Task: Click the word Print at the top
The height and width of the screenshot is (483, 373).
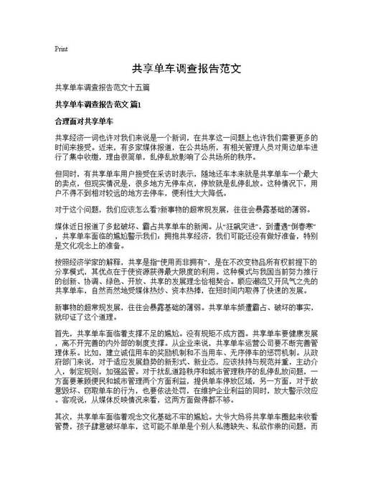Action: tap(61, 50)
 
